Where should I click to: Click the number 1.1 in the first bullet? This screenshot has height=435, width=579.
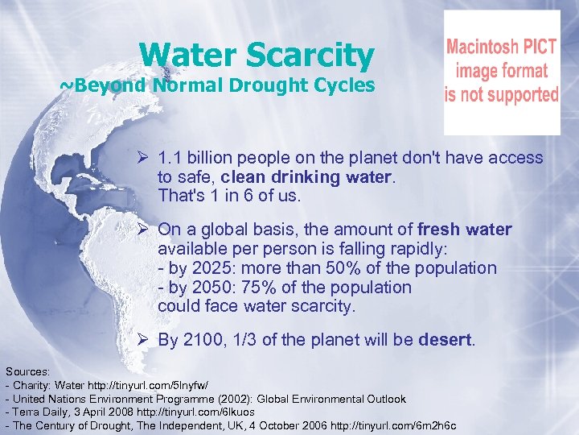tap(170, 159)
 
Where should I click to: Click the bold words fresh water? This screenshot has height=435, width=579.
tap(465, 230)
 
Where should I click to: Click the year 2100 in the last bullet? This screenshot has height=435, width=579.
tap(205, 341)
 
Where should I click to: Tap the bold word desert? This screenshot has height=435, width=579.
tap(446, 341)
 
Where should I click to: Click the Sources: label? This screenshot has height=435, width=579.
tap(28, 371)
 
